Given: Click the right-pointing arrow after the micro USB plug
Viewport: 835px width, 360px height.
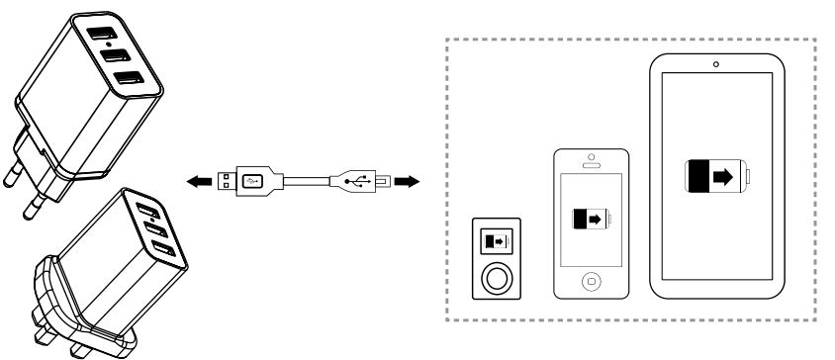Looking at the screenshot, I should coord(407,182).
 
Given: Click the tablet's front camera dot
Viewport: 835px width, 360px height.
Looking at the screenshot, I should coord(716,64).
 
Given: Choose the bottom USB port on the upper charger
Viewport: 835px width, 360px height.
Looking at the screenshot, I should coord(125,79).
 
